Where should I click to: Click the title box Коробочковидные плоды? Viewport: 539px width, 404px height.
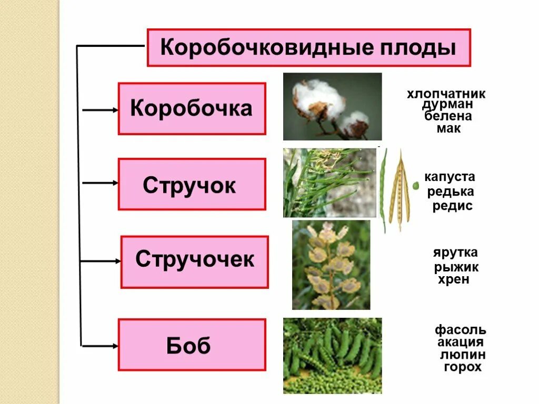point(308,48)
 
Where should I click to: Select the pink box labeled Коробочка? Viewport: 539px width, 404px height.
point(192,108)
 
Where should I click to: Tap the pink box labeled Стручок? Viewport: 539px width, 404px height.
point(192,185)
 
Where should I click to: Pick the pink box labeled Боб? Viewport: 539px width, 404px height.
point(192,345)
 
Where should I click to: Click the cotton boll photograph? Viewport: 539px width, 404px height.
point(332,106)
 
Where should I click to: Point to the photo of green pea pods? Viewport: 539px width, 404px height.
point(332,356)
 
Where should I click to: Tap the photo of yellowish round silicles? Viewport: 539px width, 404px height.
point(331,265)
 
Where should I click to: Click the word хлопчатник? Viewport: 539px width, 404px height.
point(445,94)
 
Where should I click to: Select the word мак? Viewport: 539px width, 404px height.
point(448,128)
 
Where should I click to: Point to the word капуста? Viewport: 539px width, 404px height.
point(450,177)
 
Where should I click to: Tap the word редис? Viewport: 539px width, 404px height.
point(452,206)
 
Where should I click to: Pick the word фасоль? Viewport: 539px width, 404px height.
point(460,330)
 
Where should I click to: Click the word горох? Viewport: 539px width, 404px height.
point(462,367)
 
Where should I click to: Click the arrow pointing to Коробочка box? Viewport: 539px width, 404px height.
point(101,110)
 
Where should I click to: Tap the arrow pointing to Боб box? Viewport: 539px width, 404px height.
point(101,346)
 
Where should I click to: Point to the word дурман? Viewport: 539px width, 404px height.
point(445,105)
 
